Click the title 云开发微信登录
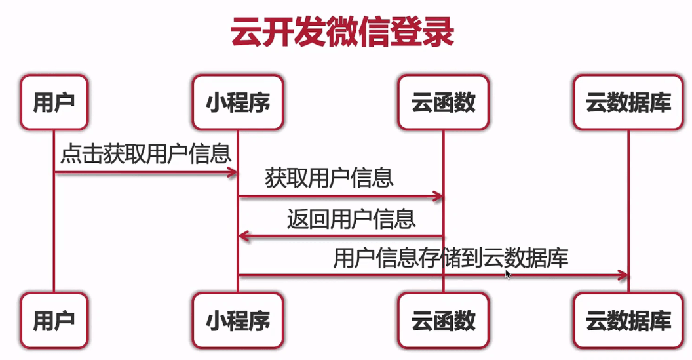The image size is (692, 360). point(343,33)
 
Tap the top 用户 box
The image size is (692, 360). point(53,102)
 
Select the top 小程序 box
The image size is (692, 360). point(238,102)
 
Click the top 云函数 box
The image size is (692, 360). point(443,102)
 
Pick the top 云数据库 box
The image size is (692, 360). point(628,102)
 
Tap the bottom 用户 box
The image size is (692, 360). point(53,320)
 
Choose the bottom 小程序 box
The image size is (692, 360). point(238,320)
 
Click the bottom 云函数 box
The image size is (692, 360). point(443,320)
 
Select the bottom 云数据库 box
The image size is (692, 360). point(628,320)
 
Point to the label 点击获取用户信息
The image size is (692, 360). point(145,154)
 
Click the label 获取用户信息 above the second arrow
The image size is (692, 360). point(329,178)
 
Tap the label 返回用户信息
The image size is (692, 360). point(351,218)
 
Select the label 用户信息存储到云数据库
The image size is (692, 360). point(450,258)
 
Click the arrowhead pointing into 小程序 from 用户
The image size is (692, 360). point(231,172)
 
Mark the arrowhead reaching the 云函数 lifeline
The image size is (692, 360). point(437,196)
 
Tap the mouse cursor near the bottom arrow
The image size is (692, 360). point(507,273)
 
